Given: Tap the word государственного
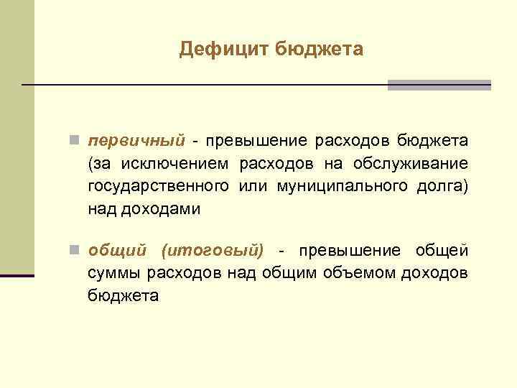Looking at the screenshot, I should (159, 186).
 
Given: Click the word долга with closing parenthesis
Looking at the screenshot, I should (442, 186).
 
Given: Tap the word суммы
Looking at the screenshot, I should (115, 273).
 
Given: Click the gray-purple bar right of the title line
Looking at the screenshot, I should (439, 85).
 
